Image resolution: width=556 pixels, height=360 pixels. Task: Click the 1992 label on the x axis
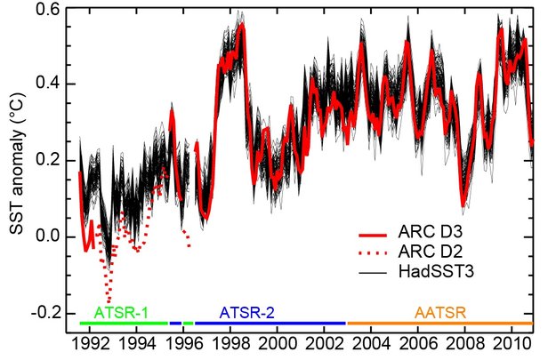click(90, 343)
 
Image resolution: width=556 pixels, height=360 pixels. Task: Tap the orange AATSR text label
click(442, 313)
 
